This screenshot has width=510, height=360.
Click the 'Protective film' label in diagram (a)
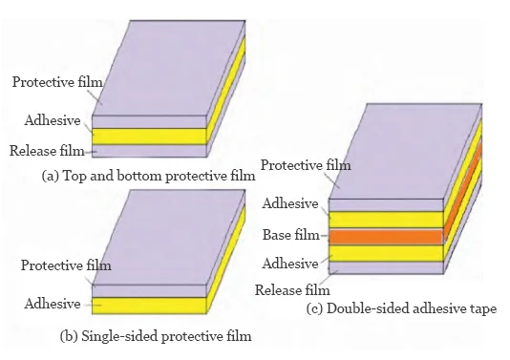tap(49, 82)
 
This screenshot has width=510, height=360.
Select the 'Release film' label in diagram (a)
tap(47, 151)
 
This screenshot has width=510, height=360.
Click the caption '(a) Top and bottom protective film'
tap(149, 176)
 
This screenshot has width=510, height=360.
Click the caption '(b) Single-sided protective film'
tap(152, 337)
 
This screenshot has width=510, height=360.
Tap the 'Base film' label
tap(288, 234)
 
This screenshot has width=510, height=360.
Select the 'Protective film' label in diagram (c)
tap(306, 165)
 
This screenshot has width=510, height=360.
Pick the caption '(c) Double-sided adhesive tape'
tap(401, 308)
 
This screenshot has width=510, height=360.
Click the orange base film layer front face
tap(387, 236)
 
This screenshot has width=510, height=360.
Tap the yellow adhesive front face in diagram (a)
tap(149, 136)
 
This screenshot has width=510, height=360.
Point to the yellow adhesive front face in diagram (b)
tap(149, 306)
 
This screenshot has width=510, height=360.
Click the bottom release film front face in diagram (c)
tap(387, 267)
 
